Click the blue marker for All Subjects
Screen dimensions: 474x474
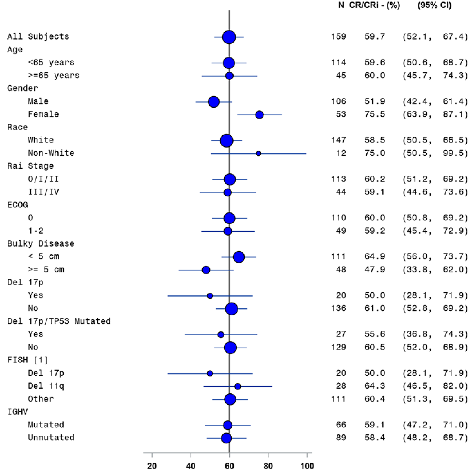coord(229,37)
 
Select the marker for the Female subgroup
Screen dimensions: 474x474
coord(259,115)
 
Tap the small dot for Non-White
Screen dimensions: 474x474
coord(258,153)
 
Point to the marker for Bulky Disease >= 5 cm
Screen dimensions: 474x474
coord(206,270)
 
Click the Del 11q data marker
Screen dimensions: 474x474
coord(238,387)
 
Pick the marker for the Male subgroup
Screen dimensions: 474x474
coord(214,102)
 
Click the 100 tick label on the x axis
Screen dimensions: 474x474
coord(307,466)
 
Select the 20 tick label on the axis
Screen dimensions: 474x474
coord(152,466)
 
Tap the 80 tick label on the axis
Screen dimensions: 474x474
coord(268,466)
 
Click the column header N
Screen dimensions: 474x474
coord(341,5)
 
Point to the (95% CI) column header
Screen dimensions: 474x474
coord(434,5)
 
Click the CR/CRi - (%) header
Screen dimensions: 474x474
coord(374,5)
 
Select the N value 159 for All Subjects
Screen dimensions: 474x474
coord(339,36)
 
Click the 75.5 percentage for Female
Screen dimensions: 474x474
coord(375,114)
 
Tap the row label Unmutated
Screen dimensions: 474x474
coord(51,438)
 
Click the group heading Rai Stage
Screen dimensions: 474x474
coord(30,166)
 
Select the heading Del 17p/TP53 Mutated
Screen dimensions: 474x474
coord(59,321)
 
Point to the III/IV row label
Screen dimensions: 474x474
coord(43,192)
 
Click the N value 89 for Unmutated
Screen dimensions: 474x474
coord(341,438)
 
